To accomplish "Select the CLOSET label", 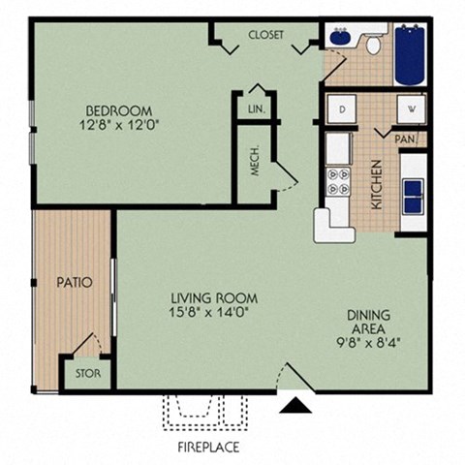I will pyautogui.click(x=265, y=35).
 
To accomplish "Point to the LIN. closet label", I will pyautogui.click(x=257, y=108).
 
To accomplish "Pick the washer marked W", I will pyautogui.click(x=412, y=108).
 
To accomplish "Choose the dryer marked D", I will pyautogui.click(x=342, y=109).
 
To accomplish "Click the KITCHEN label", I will pyautogui.click(x=377, y=184).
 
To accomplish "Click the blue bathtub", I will pyautogui.click(x=412, y=53).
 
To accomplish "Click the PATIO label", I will pyautogui.click(x=73, y=283).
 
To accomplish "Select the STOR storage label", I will pyautogui.click(x=87, y=373).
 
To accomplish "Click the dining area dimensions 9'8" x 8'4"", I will pyautogui.click(x=368, y=341).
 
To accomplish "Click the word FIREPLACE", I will pyautogui.click(x=208, y=447).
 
